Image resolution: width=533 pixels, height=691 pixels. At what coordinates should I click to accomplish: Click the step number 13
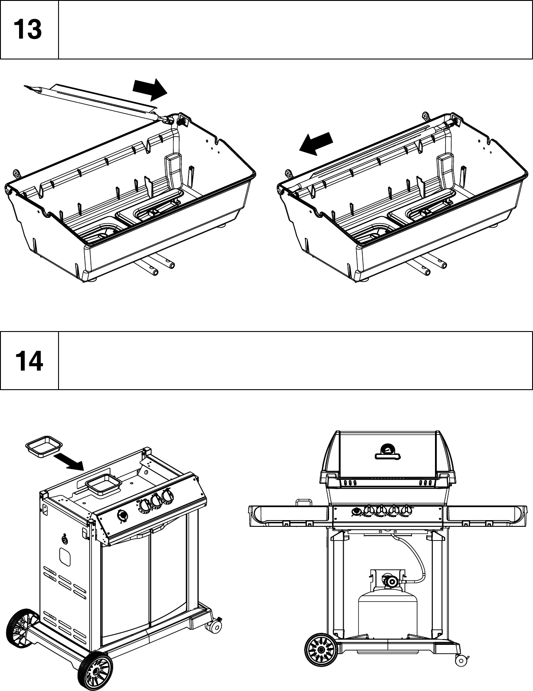(x=28, y=30)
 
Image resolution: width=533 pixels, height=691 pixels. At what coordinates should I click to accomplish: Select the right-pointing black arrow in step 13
(x=150, y=89)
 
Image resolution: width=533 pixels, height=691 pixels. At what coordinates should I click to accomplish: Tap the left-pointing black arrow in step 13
(x=315, y=144)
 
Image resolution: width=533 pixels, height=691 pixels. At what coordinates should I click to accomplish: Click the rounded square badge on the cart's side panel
(x=64, y=557)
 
